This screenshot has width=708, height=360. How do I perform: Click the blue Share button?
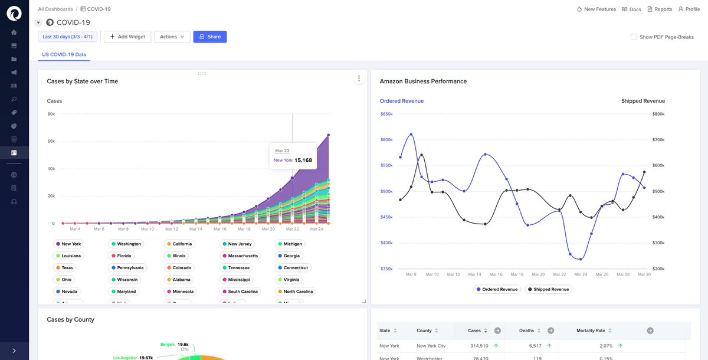coord(209,37)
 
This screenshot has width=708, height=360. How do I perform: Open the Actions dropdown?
coord(172,37)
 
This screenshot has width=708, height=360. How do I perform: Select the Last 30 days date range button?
coord(68,37)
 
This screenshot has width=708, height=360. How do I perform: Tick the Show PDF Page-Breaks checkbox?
coord(634,37)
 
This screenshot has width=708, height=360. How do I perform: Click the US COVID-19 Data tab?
coord(64,54)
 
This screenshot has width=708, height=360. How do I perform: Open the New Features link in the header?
coord(596,9)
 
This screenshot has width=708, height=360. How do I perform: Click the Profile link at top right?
coord(689,9)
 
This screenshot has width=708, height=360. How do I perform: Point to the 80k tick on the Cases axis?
coord(51,114)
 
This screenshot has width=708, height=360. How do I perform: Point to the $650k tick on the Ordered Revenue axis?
coord(386,114)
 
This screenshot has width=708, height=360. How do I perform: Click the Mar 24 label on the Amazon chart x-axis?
coord(581,274)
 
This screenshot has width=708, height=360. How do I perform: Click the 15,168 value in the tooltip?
coord(303,160)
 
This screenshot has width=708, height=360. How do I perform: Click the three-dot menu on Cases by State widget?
coord(359,79)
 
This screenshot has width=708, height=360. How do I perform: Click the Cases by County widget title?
coord(70,319)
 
